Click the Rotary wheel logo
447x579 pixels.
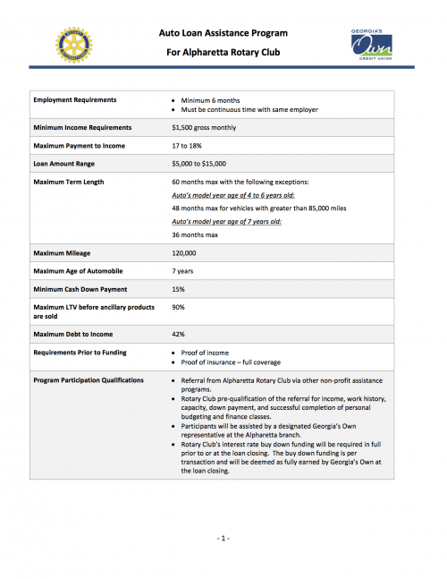click(x=73, y=42)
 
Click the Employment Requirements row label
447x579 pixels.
click(x=75, y=99)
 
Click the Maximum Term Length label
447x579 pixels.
click(x=69, y=183)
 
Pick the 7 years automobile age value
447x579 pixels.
click(x=184, y=271)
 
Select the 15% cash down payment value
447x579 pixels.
click(x=178, y=289)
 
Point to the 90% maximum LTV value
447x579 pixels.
click(x=178, y=307)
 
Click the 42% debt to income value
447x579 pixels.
click(x=178, y=334)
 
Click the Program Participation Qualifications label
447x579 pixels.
click(x=89, y=380)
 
